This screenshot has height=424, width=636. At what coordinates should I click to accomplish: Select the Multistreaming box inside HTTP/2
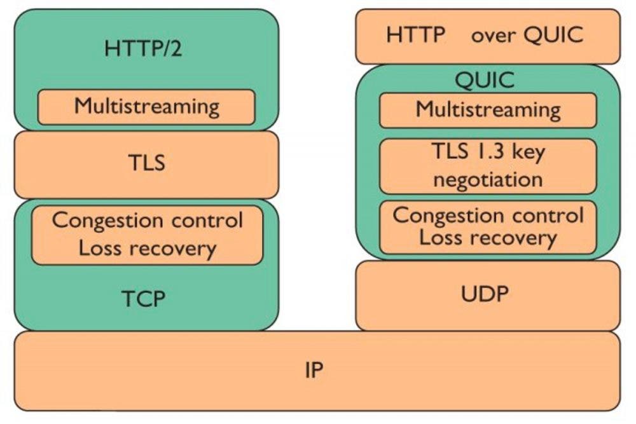[146, 107]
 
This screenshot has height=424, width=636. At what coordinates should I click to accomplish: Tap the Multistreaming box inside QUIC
[488, 110]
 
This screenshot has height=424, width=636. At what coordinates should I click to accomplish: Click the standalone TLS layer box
[146, 165]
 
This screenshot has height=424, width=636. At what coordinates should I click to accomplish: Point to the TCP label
[144, 299]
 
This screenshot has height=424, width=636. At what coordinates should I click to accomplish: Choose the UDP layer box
[488, 296]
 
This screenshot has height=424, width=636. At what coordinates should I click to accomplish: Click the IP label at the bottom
[314, 370]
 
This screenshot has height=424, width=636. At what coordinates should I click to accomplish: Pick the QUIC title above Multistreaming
[485, 80]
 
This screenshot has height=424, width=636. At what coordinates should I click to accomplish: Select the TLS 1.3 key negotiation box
[488, 166]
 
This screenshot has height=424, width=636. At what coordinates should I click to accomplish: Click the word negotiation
[488, 179]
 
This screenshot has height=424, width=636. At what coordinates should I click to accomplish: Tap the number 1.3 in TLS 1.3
[488, 151]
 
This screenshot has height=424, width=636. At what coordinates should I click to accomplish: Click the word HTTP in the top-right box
[416, 34]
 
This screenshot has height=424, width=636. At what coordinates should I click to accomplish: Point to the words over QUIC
[527, 35]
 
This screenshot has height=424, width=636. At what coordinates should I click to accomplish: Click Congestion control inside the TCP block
[148, 221]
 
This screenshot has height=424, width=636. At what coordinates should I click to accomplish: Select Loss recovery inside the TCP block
[148, 248]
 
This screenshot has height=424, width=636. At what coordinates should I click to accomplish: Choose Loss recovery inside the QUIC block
[488, 238]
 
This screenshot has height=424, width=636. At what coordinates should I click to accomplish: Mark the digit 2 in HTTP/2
[176, 48]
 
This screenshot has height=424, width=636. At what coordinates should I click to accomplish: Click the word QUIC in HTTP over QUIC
[554, 35]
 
